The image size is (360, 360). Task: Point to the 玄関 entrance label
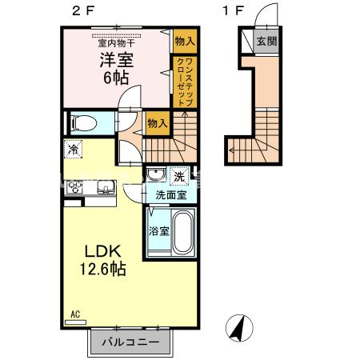point(266,42)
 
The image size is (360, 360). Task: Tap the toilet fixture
point(82,124)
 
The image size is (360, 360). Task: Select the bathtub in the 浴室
point(182,232)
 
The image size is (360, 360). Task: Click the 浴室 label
point(158,231)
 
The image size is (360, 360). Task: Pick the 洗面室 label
point(170,194)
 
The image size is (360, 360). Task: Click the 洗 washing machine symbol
point(180,175)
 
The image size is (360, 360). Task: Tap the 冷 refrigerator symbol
point(74,150)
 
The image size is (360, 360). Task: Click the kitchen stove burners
point(76,188)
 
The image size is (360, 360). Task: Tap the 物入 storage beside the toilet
point(158,123)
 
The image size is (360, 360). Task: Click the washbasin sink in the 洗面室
point(154,175)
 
